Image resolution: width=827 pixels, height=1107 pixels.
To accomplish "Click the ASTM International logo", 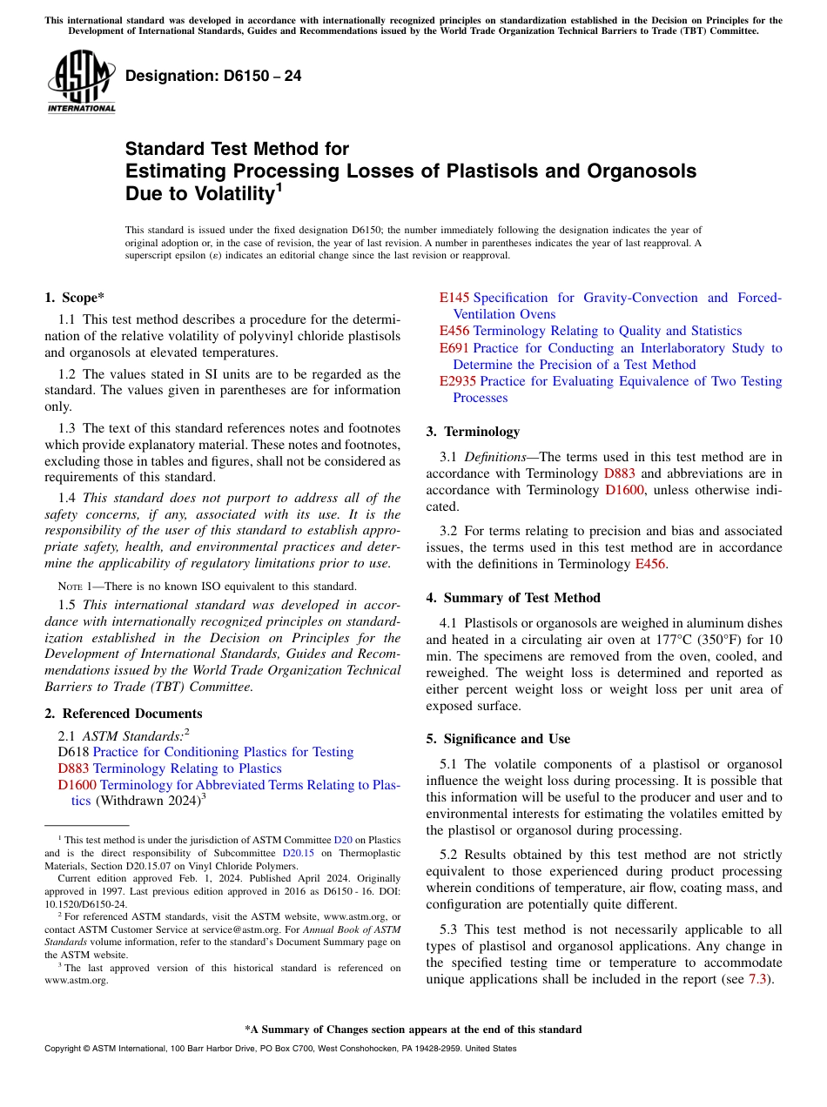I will click(81, 83).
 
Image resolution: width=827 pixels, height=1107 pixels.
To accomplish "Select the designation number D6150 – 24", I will click(213, 76).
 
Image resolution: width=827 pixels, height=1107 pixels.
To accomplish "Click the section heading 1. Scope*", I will click(75, 298).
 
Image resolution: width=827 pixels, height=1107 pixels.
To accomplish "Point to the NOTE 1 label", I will click(75, 587).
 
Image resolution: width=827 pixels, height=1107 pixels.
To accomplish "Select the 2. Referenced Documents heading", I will click(124, 714).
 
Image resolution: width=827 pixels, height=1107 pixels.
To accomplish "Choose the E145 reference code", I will click(454, 298).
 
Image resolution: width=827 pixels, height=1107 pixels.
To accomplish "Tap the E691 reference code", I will click(454, 348).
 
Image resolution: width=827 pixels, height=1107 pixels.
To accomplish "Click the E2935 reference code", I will click(458, 381).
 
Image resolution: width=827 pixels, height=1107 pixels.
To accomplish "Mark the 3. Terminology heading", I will click(473, 432).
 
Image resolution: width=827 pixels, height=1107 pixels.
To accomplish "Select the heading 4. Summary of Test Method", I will click(513, 598).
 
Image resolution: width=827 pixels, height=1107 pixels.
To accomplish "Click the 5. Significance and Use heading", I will click(498, 739).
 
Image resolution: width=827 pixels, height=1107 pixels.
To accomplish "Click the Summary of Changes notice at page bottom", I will click(413, 1030).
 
